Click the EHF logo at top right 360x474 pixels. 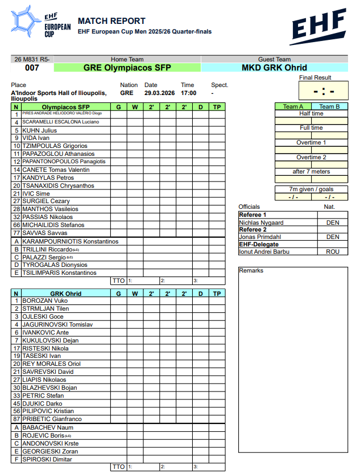point(318,27)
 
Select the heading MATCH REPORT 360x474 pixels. point(111,21)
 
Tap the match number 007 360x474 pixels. point(32,68)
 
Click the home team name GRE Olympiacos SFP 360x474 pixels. point(127,68)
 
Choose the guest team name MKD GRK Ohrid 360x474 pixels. point(274,68)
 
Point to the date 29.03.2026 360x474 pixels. point(159,93)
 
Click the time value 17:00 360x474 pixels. point(188,93)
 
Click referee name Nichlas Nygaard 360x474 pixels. point(261,222)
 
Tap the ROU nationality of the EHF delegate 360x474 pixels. point(333,252)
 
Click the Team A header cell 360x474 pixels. point(293,106)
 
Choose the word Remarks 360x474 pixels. point(251,271)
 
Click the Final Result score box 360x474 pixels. point(323,91)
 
